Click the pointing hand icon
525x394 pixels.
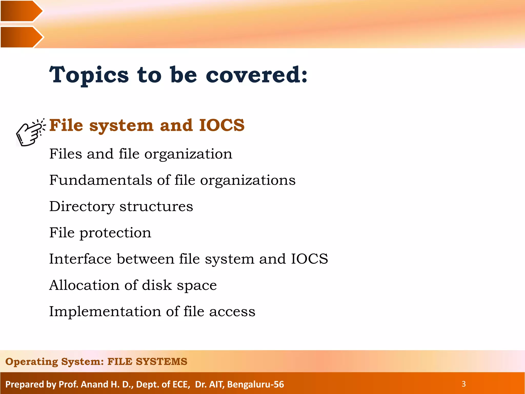tap(30, 133)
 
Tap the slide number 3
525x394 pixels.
tap(463, 384)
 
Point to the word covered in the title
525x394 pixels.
tap(256, 75)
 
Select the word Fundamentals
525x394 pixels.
tap(101, 180)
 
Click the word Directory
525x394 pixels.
tap(82, 206)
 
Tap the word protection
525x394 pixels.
tap(115, 233)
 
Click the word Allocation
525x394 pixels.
tap(84, 285)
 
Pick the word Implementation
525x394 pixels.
tap(105, 311)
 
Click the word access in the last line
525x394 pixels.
tap(232, 311)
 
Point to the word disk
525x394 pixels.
tap(157, 285)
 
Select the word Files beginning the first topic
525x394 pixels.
tap(66, 154)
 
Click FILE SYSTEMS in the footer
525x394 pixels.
tap(147, 361)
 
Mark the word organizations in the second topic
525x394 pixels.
tap(248, 180)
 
